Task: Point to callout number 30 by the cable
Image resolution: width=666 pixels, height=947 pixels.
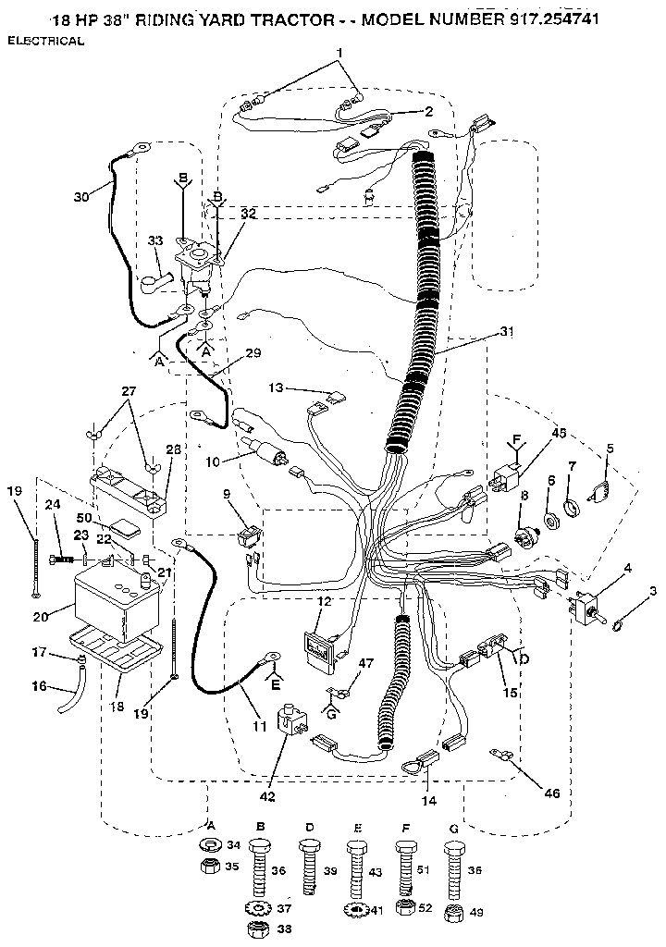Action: (82, 195)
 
